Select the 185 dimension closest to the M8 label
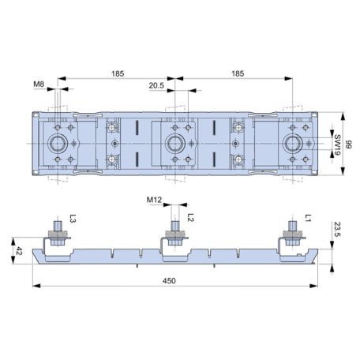(118, 73)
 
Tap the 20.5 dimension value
(157, 85)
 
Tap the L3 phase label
(73, 220)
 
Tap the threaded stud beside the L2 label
(176, 226)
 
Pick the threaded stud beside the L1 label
(293, 226)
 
